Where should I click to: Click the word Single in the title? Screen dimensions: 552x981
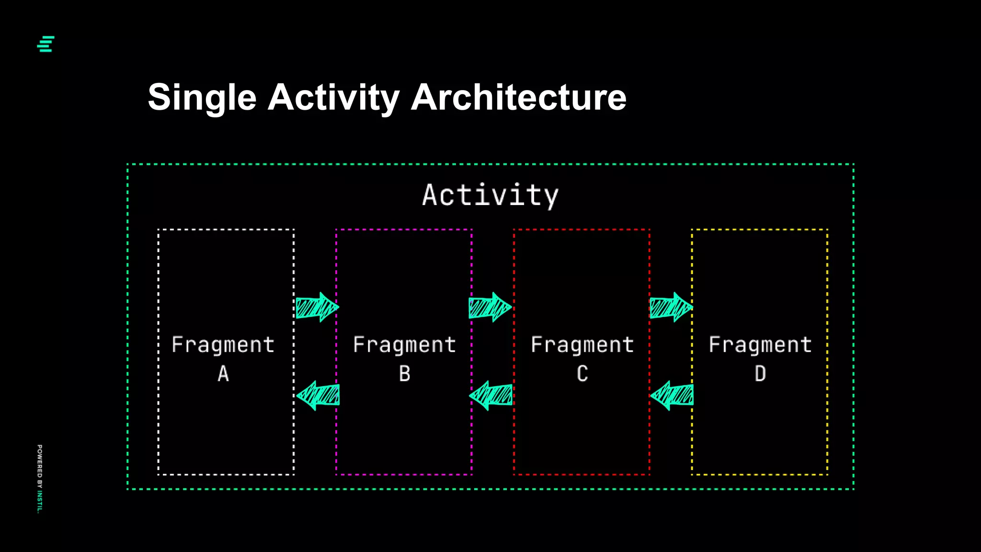tap(202, 98)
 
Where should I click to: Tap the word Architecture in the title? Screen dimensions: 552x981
tap(518, 98)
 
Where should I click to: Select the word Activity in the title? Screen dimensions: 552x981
tap(333, 98)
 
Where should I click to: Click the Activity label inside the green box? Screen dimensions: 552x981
tap(490, 195)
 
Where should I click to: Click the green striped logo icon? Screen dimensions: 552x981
tap(46, 44)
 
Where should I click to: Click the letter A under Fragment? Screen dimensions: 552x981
tap(223, 374)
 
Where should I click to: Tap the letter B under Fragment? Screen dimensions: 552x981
tap(405, 374)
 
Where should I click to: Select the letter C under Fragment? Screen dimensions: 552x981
tap(582, 374)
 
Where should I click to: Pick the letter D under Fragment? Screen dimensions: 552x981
tap(760, 374)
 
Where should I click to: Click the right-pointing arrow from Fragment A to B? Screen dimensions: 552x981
tap(317, 307)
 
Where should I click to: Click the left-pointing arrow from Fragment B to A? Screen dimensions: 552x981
tap(318, 396)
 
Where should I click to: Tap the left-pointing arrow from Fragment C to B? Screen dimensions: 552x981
tap(491, 396)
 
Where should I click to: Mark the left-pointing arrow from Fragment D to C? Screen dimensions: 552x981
tap(672, 396)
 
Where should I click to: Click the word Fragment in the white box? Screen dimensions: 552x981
tap(223, 345)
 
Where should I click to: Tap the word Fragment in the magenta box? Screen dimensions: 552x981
tap(405, 345)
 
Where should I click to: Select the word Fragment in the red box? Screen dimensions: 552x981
tap(582, 345)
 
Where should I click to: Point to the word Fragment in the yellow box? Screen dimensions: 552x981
tap(760, 345)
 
